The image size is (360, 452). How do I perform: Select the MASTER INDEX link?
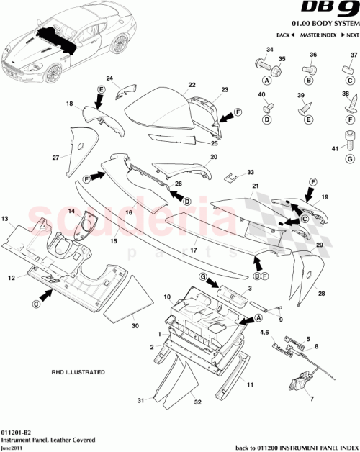point(317,35)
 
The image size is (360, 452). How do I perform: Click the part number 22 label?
point(192,85)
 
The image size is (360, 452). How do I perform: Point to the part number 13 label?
point(4,217)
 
